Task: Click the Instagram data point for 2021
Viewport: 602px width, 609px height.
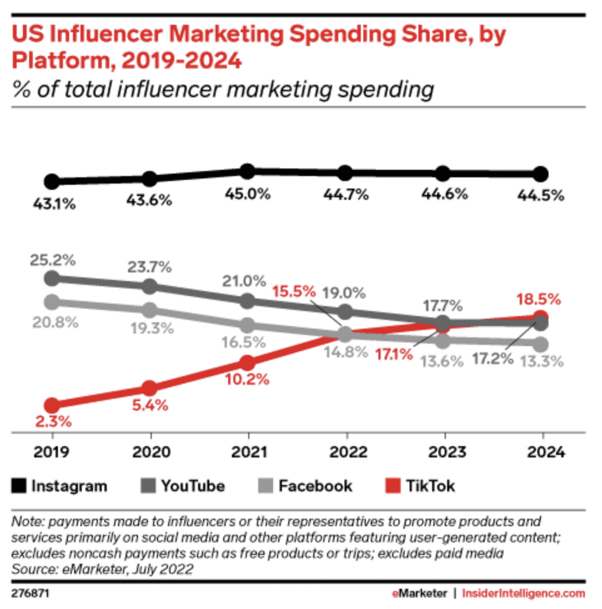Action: point(247,171)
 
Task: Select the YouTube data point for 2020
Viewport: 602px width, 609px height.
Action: point(150,286)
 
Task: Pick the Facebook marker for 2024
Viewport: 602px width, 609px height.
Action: point(541,344)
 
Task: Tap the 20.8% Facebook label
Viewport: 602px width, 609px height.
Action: point(52,322)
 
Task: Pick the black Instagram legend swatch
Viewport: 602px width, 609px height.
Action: point(21,487)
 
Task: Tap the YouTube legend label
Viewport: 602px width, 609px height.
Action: point(193,487)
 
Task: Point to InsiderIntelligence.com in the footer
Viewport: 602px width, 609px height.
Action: point(523,594)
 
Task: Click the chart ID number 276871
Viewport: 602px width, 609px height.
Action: point(31,594)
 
